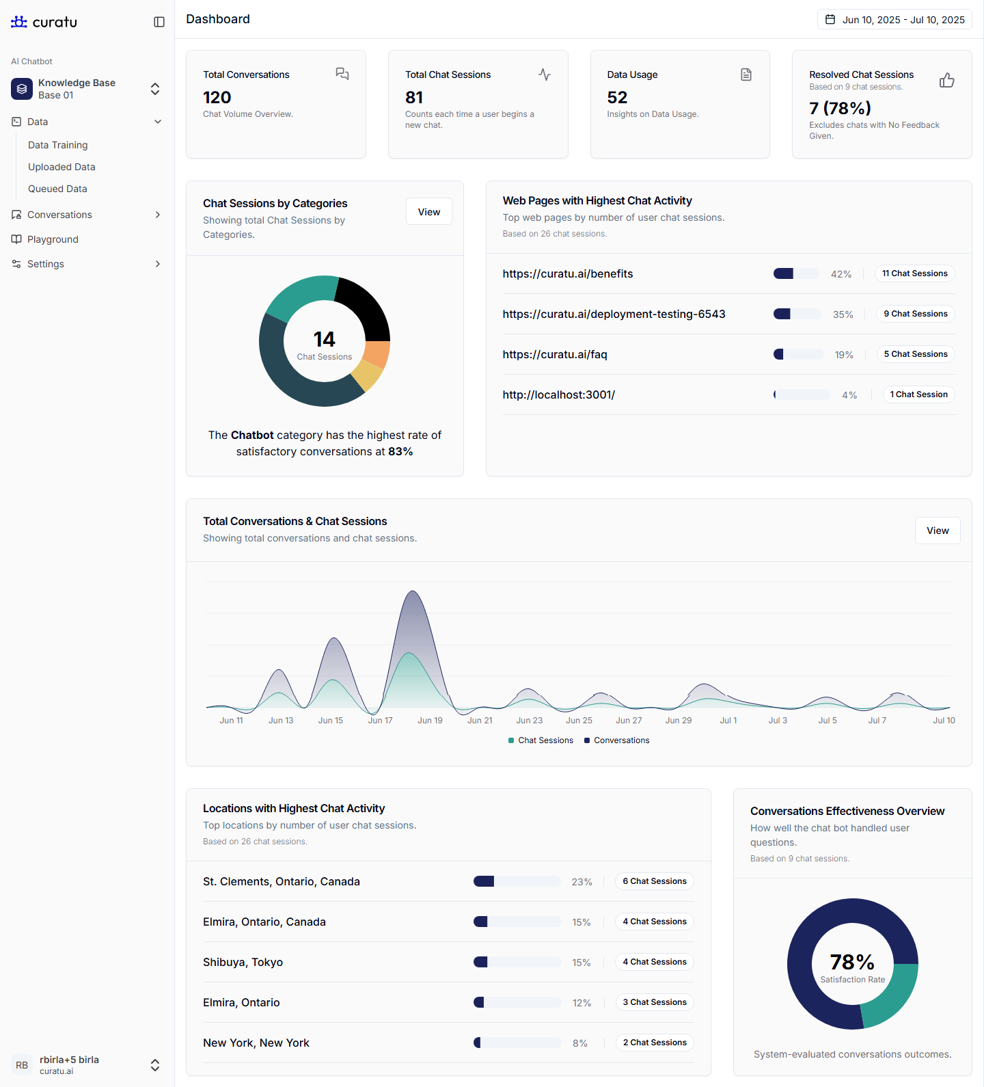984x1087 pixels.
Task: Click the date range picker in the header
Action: tap(894, 20)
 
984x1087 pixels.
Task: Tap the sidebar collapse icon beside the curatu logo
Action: tap(159, 22)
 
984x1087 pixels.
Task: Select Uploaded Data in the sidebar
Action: tap(61, 167)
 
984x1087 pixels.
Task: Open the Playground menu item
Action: tap(53, 239)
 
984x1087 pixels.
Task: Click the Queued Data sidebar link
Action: tap(57, 189)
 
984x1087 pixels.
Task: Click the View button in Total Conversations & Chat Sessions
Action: tap(937, 531)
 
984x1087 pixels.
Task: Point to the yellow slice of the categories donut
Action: tap(368, 375)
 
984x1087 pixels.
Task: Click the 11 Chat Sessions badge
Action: tap(914, 273)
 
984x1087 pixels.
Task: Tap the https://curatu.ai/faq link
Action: tap(555, 354)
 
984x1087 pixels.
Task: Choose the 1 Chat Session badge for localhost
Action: tap(918, 394)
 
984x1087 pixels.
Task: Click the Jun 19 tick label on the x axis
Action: tap(430, 721)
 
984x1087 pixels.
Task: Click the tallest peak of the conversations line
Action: tap(412, 592)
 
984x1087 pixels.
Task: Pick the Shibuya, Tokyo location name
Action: tap(243, 962)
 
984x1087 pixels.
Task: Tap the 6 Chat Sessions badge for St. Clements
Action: tap(654, 881)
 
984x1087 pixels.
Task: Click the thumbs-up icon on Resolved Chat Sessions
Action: tap(946, 81)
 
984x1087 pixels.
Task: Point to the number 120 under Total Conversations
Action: tap(217, 98)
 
